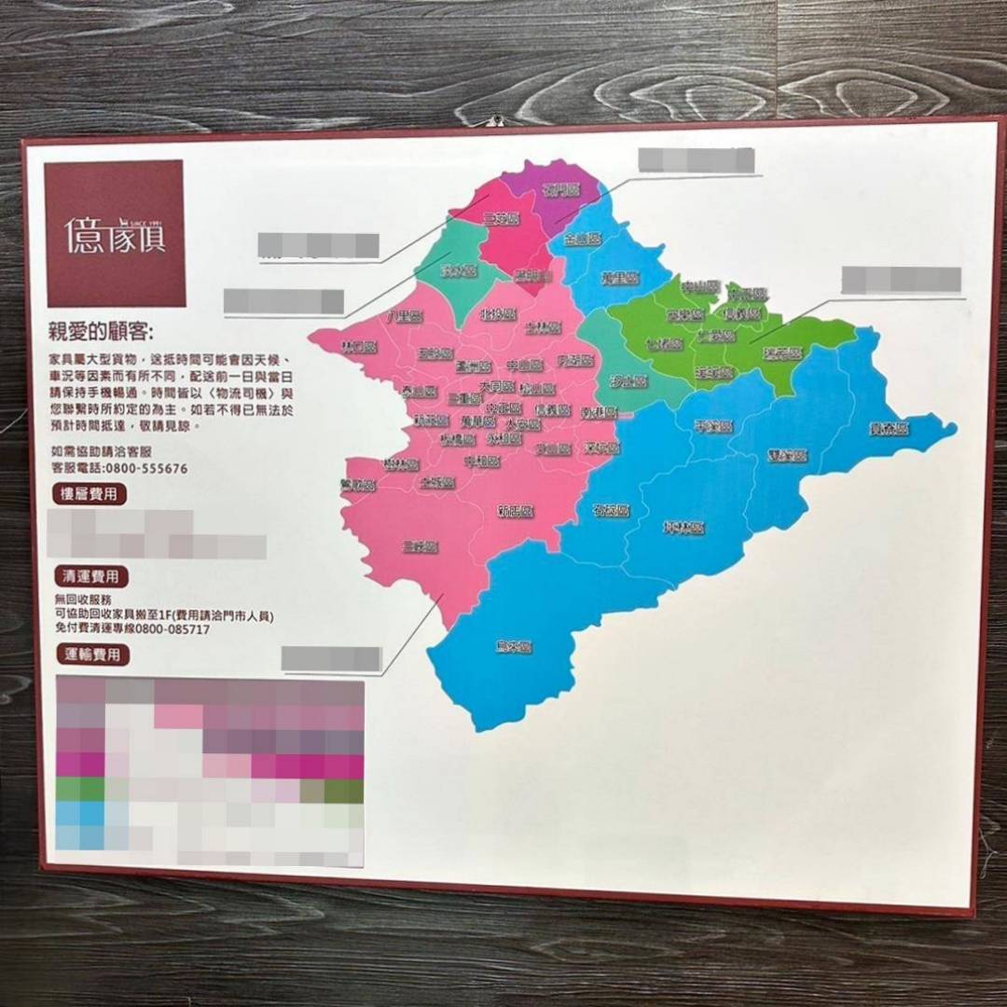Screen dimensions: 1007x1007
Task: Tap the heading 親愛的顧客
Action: [102, 331]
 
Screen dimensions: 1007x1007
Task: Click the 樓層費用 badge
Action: [90, 494]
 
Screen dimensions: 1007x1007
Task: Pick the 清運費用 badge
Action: [90, 576]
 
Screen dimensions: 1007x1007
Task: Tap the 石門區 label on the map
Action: [561, 190]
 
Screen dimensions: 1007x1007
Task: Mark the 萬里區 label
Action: [618, 278]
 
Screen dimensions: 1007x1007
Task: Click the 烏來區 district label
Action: [514, 645]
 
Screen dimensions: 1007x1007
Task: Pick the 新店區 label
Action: [515, 511]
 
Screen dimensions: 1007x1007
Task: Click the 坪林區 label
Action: [683, 528]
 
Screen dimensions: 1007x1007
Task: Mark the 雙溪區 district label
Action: [787, 456]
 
